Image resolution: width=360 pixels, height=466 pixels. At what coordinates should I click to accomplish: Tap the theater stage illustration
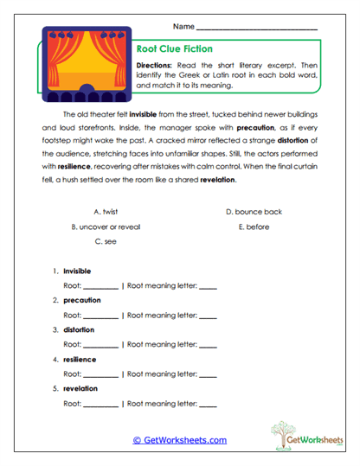[x=86, y=65]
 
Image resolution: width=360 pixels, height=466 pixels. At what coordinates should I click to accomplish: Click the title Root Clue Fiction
[x=175, y=49]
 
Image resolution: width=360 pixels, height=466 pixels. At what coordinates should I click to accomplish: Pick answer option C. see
[x=105, y=242]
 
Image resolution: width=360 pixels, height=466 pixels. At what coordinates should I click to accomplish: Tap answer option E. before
[x=254, y=227]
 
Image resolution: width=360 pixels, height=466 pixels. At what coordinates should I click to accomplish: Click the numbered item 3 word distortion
[x=79, y=329]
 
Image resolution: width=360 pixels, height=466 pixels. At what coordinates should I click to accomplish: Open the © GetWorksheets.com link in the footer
[x=179, y=440]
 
